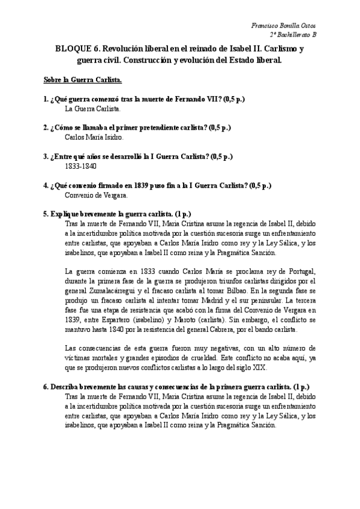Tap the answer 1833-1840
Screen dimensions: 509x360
pyautogui.click(x=81, y=166)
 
